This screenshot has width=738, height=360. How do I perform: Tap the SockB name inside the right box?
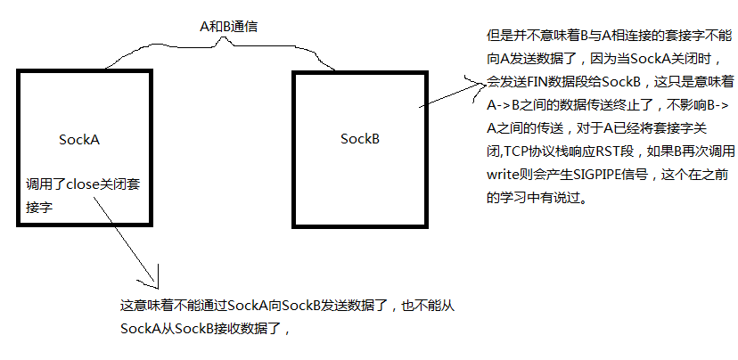360,139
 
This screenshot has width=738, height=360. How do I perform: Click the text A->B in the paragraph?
504,105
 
